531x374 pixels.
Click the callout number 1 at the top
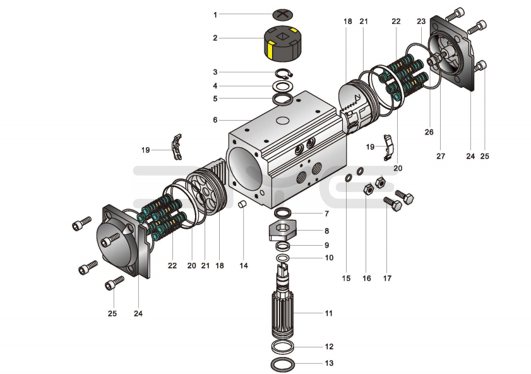[215, 15]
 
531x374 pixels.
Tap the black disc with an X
[282, 15]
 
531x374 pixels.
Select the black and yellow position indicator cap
[283, 44]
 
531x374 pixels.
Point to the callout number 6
[215, 120]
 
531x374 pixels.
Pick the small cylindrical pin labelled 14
[242, 204]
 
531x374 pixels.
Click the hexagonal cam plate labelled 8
[283, 231]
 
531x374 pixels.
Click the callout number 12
[329, 347]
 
